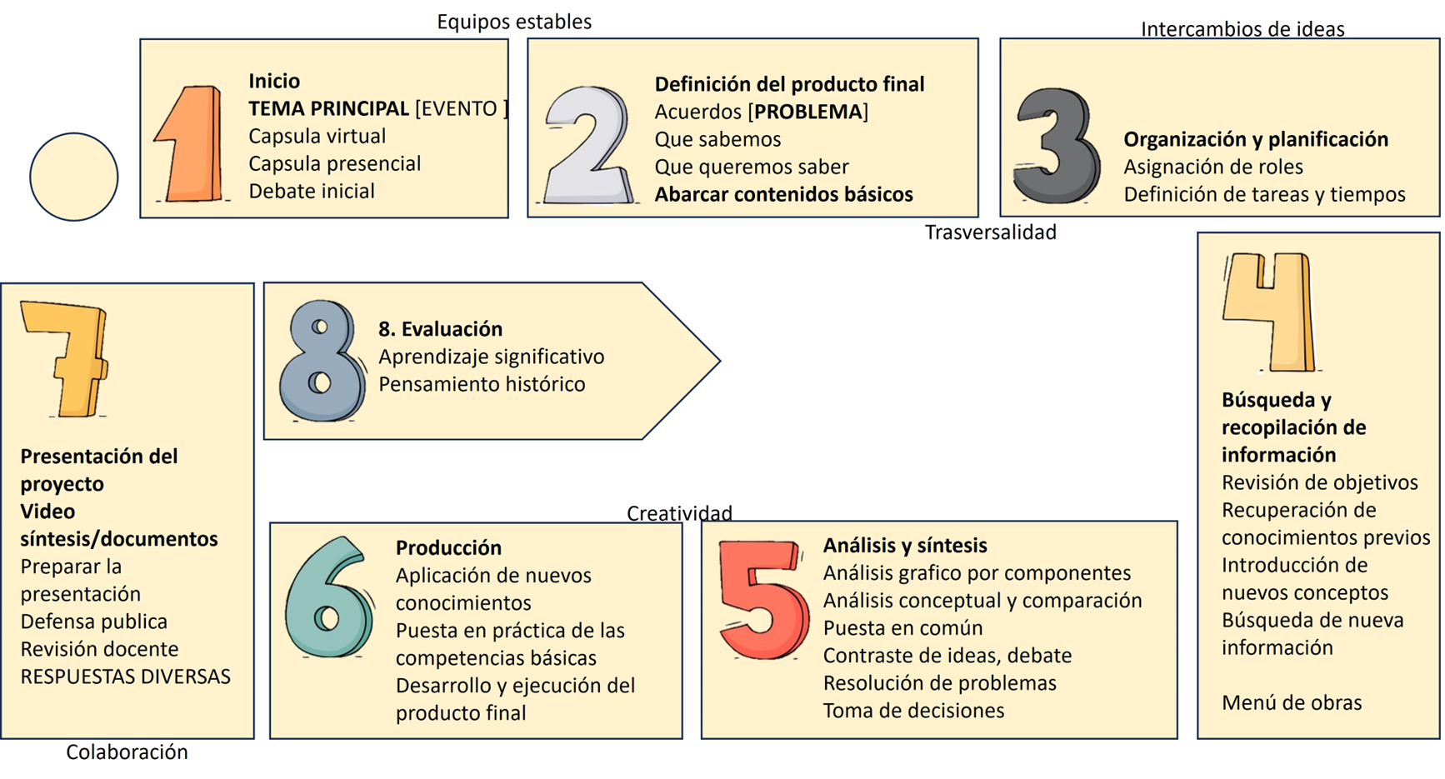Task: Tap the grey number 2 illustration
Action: coord(587,145)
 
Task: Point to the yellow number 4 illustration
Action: coord(1270,312)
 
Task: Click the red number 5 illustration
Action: coord(762,598)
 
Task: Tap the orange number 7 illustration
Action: coord(67,358)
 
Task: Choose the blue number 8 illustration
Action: coord(322,361)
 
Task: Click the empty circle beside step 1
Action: coord(74,177)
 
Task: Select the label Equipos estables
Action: coord(514,22)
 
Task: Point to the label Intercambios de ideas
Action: coord(1242,29)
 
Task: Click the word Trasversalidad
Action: coord(990,232)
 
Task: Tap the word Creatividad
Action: coord(679,513)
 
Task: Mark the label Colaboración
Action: coord(127,752)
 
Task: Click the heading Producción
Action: coord(448,547)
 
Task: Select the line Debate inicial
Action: coord(312,191)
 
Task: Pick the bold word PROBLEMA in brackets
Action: coord(807,112)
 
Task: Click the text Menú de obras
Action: coord(1292,702)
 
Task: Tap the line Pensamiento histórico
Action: coord(482,384)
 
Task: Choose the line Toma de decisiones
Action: coord(913,711)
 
